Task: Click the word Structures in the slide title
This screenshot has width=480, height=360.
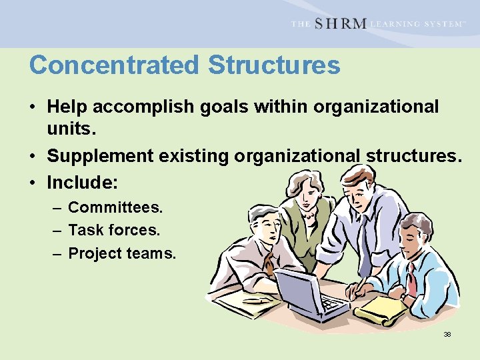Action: coord(274,65)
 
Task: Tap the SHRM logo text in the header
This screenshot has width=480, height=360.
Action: coord(340,24)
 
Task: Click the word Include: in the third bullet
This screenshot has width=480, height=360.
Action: coord(77,181)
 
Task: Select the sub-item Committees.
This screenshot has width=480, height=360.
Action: coord(115,207)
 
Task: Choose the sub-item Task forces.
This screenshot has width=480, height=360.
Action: coord(114,230)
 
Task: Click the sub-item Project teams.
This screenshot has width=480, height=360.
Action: coord(122,253)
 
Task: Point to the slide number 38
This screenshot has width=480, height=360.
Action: coord(447,334)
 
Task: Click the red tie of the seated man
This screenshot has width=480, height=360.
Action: coord(413,280)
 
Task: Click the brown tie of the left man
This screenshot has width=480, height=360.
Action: coord(269,263)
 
